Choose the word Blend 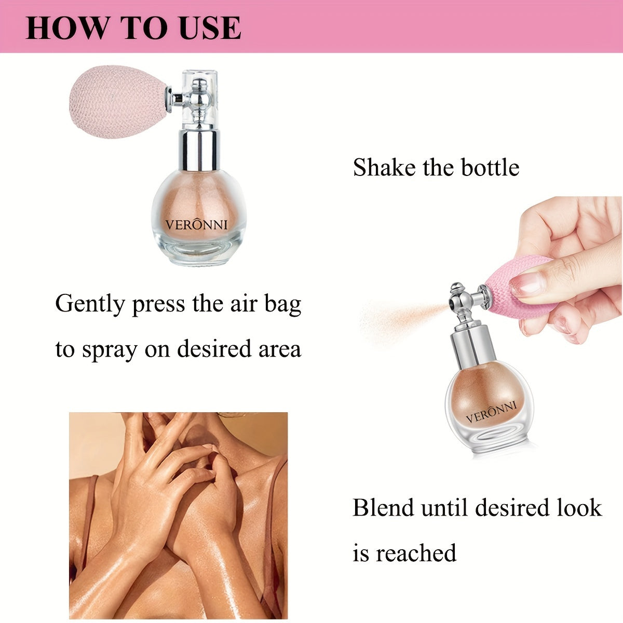pyautogui.click(x=384, y=507)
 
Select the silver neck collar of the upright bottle pyautogui.click(x=199, y=151)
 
